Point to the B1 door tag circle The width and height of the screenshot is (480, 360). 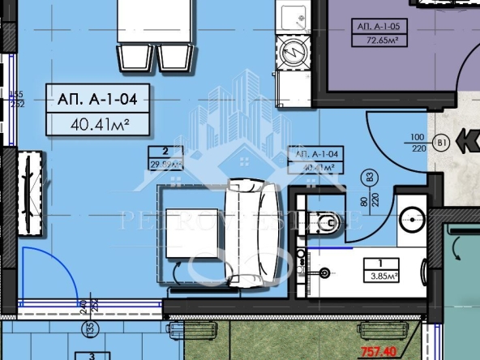point(443,144)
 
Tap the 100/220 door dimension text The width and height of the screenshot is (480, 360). point(418,144)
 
